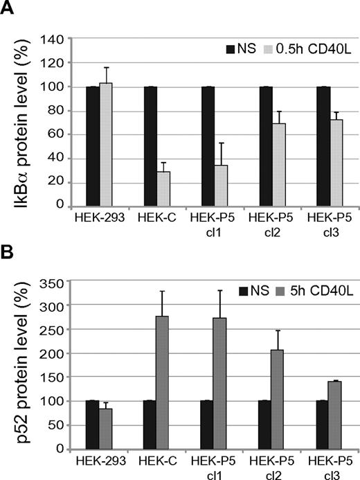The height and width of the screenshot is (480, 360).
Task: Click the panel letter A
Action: click(x=9, y=10)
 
